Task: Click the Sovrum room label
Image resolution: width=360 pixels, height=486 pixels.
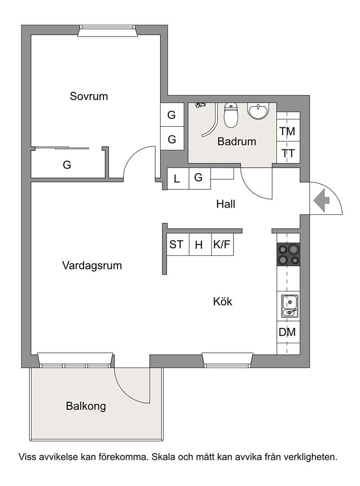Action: point(89,96)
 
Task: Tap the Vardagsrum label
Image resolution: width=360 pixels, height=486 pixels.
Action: point(92,266)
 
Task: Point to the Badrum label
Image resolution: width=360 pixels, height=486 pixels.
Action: point(237,141)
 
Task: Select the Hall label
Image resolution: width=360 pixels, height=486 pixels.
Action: point(225,204)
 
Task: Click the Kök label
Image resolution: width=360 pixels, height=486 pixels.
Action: point(223,301)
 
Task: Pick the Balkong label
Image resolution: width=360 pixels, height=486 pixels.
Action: point(86,406)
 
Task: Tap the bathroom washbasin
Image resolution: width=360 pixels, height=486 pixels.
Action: point(258,111)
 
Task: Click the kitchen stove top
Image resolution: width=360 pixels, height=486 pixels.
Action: point(288,254)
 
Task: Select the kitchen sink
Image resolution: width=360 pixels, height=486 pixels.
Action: point(290,306)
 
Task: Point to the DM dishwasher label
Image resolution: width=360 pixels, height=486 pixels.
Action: point(287,332)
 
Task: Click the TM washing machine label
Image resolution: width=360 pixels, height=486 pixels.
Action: point(288,132)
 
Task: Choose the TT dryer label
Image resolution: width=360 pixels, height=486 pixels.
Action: point(288,153)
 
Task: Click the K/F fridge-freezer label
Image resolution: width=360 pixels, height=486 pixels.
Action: point(222,245)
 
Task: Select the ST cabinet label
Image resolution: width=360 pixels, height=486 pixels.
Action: point(176,245)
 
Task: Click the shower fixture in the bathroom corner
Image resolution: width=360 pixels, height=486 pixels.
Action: point(200,105)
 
